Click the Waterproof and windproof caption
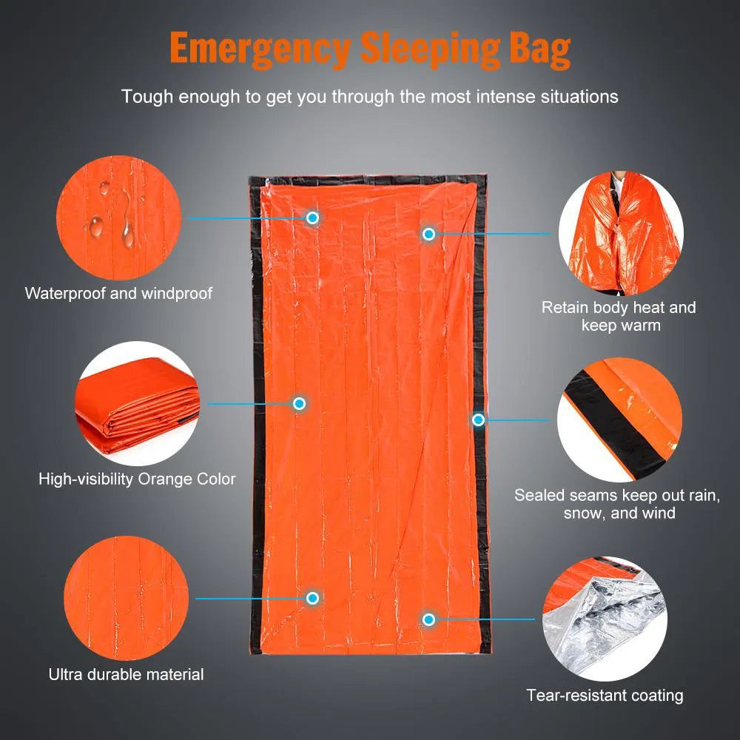(118, 293)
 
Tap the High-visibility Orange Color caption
(137, 479)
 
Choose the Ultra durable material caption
(126, 674)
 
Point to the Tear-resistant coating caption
(605, 695)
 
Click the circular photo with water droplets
(119, 218)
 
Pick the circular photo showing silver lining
(604, 618)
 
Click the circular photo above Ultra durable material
(126, 598)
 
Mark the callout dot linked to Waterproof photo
(313, 218)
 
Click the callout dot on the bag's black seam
(478, 420)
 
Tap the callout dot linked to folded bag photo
(299, 403)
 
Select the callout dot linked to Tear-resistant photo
(428, 619)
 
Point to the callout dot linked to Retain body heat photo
(428, 234)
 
